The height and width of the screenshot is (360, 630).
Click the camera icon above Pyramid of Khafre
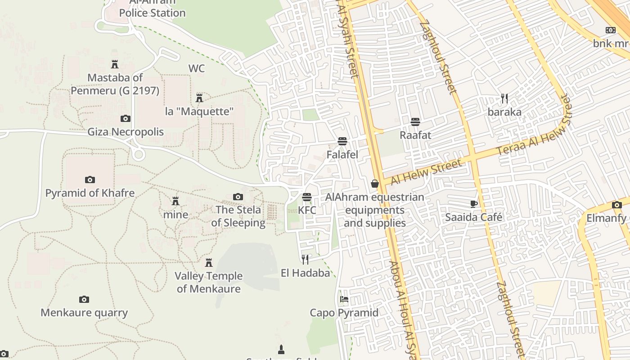pos(90,180)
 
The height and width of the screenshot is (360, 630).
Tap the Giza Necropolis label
pos(126,132)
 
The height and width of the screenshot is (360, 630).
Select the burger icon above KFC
pos(307,197)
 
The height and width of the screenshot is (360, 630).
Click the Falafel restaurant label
pos(342,155)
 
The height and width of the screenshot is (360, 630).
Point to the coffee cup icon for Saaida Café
pos(474,204)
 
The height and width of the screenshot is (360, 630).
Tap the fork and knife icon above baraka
pos(504,98)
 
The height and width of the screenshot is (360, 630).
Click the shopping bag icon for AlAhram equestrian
pos(374,184)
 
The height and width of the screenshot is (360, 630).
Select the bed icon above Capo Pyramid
pos(344,299)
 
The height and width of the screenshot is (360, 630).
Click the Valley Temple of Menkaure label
pos(208,282)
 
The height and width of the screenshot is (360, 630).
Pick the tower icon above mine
pos(175,201)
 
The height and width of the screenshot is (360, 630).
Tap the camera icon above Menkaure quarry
pos(84,299)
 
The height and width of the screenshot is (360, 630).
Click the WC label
pos(197,68)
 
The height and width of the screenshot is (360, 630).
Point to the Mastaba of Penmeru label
pos(115,84)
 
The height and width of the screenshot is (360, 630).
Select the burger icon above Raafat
pos(415,121)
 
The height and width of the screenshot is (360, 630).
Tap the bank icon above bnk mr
pos(611,30)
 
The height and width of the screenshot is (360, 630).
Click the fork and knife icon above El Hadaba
pos(305,259)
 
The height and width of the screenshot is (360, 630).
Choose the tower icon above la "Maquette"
pos(199,98)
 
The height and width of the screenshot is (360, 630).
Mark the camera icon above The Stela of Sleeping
pos(238,197)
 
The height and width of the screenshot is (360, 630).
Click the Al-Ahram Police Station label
pos(152,9)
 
